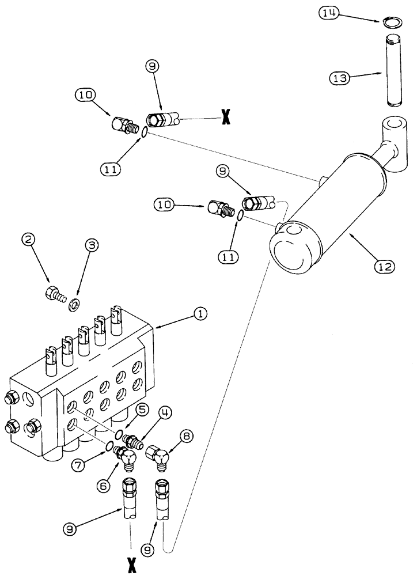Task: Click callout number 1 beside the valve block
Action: point(199,314)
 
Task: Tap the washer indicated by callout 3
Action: point(74,304)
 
